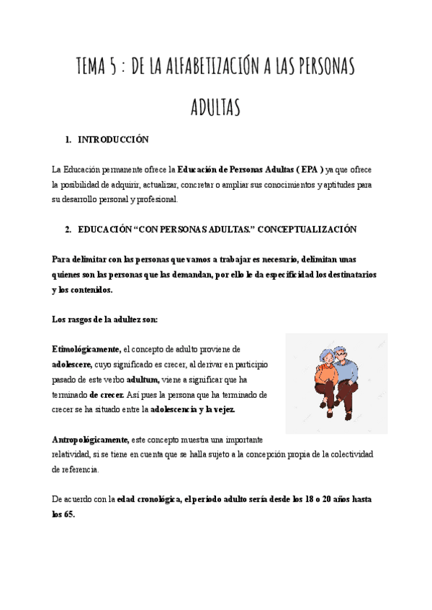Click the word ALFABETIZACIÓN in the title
pyautogui.click(x=206, y=68)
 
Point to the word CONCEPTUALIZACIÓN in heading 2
pyautogui.click(x=307, y=229)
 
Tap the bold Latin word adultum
pyautogui.click(x=143, y=379)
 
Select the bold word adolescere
pyautogui.click(x=71, y=364)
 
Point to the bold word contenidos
pyautogui.click(x=91, y=289)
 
